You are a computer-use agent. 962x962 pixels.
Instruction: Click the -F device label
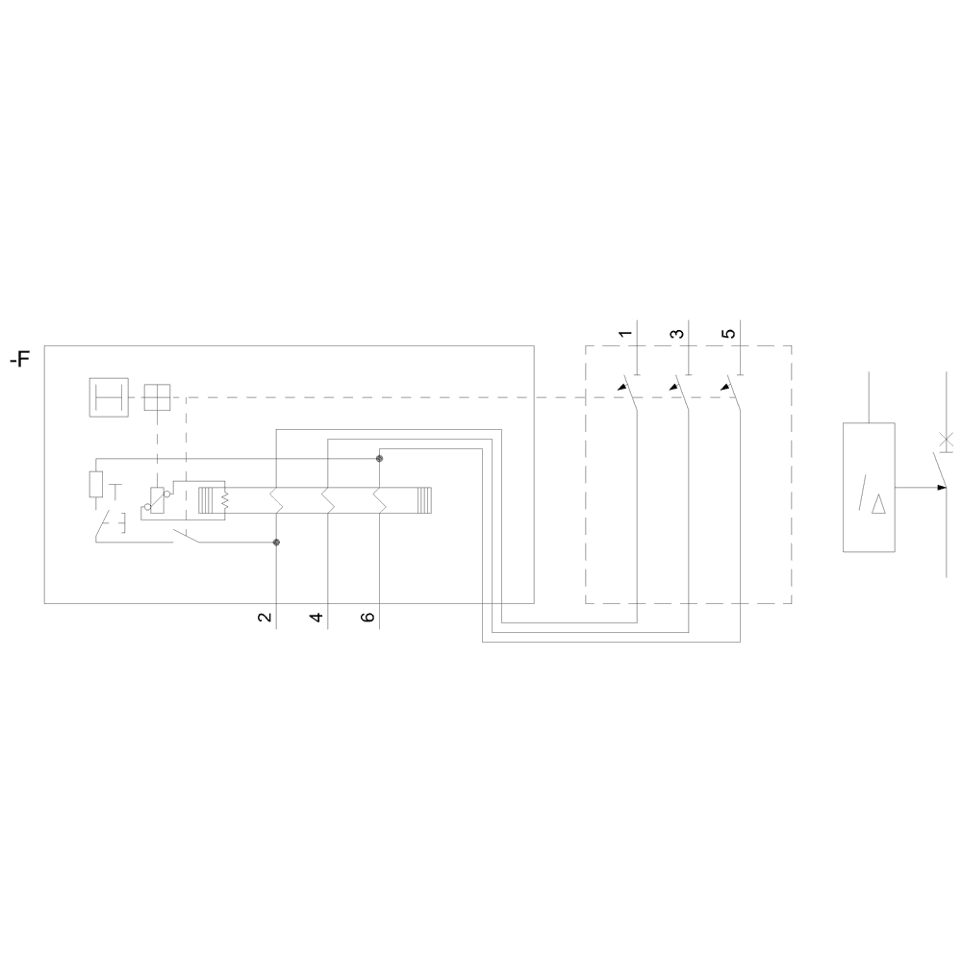19,358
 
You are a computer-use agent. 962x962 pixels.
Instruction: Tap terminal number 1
625,334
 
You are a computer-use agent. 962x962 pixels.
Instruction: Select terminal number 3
676,334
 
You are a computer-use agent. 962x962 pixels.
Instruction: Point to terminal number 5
728,334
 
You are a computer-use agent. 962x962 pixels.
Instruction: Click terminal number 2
265,617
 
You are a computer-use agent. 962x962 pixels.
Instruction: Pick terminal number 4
316,617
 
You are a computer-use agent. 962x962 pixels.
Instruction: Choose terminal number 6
367,617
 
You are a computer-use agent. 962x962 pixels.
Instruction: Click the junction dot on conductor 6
379,458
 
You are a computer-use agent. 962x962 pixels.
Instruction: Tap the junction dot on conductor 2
276,543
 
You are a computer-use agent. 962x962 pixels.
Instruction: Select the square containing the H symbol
109,397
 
